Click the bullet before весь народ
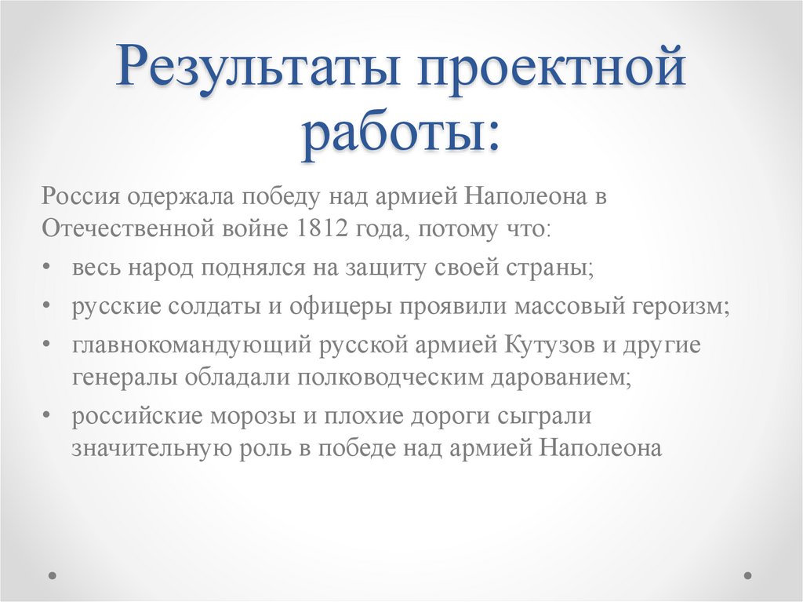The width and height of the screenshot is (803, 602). click(49, 268)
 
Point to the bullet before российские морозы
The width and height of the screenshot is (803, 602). click(49, 416)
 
